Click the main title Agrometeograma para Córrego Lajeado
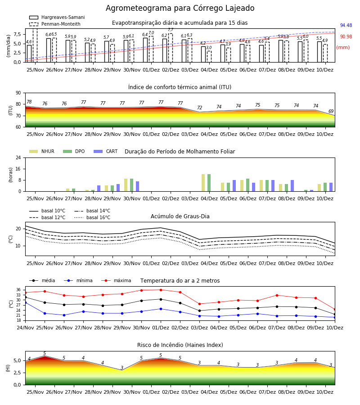click(180, 8)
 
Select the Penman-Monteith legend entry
click(55, 24)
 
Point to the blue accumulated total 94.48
click(346, 25)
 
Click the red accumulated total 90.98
click(346, 37)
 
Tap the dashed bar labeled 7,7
click(171, 48)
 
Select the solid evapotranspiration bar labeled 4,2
click(203, 54)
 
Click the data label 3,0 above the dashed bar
click(209, 48)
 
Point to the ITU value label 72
click(200, 108)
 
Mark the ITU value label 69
click(331, 111)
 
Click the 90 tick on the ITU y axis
click(18, 93)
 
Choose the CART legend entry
click(106, 151)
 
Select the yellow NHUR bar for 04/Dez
click(203, 183)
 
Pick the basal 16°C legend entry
click(92, 217)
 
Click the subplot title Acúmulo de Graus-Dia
click(180, 216)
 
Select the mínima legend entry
click(78, 280)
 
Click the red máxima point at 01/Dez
click(161, 290)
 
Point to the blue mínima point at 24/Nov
click(25, 302)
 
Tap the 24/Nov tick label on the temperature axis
click(25, 328)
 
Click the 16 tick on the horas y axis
click(18, 169)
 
